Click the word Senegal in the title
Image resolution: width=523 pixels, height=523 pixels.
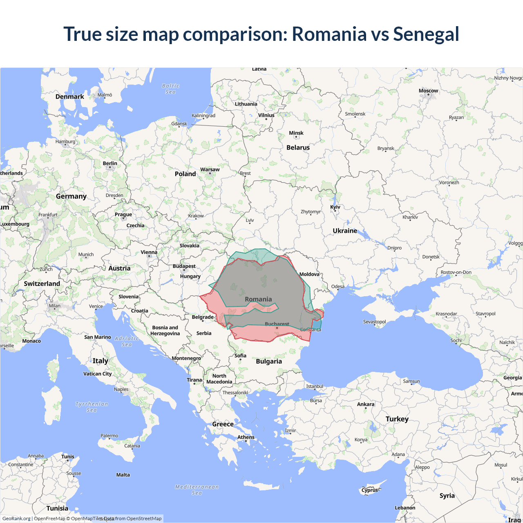(426, 34)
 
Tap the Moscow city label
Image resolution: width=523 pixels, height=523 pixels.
(428, 91)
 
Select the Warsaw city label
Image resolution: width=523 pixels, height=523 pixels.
(210, 170)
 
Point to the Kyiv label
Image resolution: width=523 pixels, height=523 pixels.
(335, 207)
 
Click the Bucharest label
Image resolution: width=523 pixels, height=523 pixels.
(277, 324)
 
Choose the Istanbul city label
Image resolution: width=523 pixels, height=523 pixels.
(315, 386)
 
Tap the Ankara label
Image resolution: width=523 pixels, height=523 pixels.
(366, 404)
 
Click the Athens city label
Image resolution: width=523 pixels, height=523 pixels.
(246, 437)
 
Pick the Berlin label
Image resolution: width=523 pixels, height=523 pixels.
(110, 163)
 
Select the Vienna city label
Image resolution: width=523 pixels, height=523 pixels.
(149, 252)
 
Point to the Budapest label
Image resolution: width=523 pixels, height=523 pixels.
(184, 266)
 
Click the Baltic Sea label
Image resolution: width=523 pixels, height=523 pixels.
(171, 89)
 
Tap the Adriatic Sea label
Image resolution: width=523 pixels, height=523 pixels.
(127, 341)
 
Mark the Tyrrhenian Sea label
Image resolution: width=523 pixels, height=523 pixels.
(92, 407)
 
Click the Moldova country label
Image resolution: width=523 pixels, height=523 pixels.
(309, 274)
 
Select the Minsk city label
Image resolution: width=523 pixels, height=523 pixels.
(296, 133)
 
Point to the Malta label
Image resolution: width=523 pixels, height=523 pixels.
(123, 475)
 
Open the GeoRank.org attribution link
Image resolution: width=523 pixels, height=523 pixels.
(16, 519)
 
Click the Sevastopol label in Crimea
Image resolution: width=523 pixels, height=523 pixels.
(374, 322)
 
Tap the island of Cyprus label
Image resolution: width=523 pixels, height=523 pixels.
(370, 490)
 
